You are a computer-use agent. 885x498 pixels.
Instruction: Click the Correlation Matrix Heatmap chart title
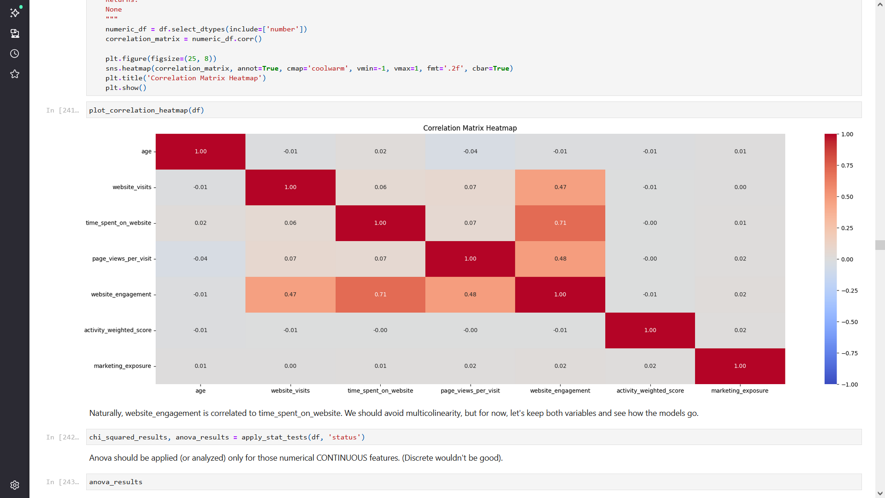tap(470, 128)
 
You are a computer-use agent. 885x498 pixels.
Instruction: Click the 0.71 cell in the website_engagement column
tap(560, 223)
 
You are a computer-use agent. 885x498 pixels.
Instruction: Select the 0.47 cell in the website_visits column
tap(290, 294)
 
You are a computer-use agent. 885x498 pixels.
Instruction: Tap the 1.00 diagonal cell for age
tap(201, 151)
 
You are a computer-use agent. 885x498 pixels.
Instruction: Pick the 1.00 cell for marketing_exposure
tap(740, 366)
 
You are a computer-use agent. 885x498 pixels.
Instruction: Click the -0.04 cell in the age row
tap(470, 151)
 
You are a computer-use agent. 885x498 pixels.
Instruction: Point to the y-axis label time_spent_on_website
tap(118, 223)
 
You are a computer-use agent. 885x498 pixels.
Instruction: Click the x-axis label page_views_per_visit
tap(470, 391)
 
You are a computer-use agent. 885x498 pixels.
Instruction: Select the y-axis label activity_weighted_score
tap(118, 330)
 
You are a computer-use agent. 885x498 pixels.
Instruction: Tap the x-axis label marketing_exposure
tap(740, 391)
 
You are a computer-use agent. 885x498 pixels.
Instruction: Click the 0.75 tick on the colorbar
tap(847, 166)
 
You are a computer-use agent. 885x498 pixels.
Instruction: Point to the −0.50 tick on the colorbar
tap(850, 322)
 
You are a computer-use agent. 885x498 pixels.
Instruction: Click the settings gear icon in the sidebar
tap(15, 485)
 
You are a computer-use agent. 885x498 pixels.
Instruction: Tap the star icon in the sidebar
tap(15, 74)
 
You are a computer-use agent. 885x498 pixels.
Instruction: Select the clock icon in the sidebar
tap(15, 53)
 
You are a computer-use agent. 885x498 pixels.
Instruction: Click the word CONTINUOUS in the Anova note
tap(342, 458)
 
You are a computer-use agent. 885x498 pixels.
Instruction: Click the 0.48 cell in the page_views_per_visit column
tap(470, 294)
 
